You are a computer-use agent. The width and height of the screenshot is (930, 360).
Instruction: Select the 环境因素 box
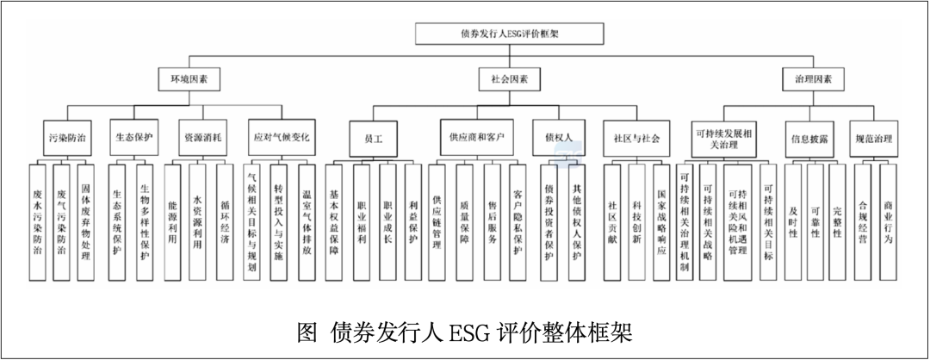click(x=189, y=79)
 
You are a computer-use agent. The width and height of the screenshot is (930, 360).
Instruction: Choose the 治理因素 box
click(x=813, y=79)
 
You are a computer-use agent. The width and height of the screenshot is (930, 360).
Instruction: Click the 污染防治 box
click(x=66, y=137)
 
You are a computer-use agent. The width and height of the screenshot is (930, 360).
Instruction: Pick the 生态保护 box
click(x=133, y=137)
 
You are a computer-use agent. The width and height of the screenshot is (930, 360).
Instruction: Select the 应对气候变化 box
click(x=281, y=137)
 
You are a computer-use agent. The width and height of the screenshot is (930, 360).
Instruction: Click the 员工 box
click(x=374, y=137)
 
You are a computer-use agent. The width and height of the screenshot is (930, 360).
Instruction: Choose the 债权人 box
click(x=559, y=137)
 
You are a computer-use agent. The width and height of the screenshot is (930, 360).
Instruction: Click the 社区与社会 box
click(x=636, y=137)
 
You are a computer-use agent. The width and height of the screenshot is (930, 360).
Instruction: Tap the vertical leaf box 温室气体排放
click(x=307, y=221)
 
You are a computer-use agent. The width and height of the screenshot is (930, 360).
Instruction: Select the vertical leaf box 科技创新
click(x=636, y=221)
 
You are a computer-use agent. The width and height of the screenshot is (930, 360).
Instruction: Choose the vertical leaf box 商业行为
click(x=889, y=221)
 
